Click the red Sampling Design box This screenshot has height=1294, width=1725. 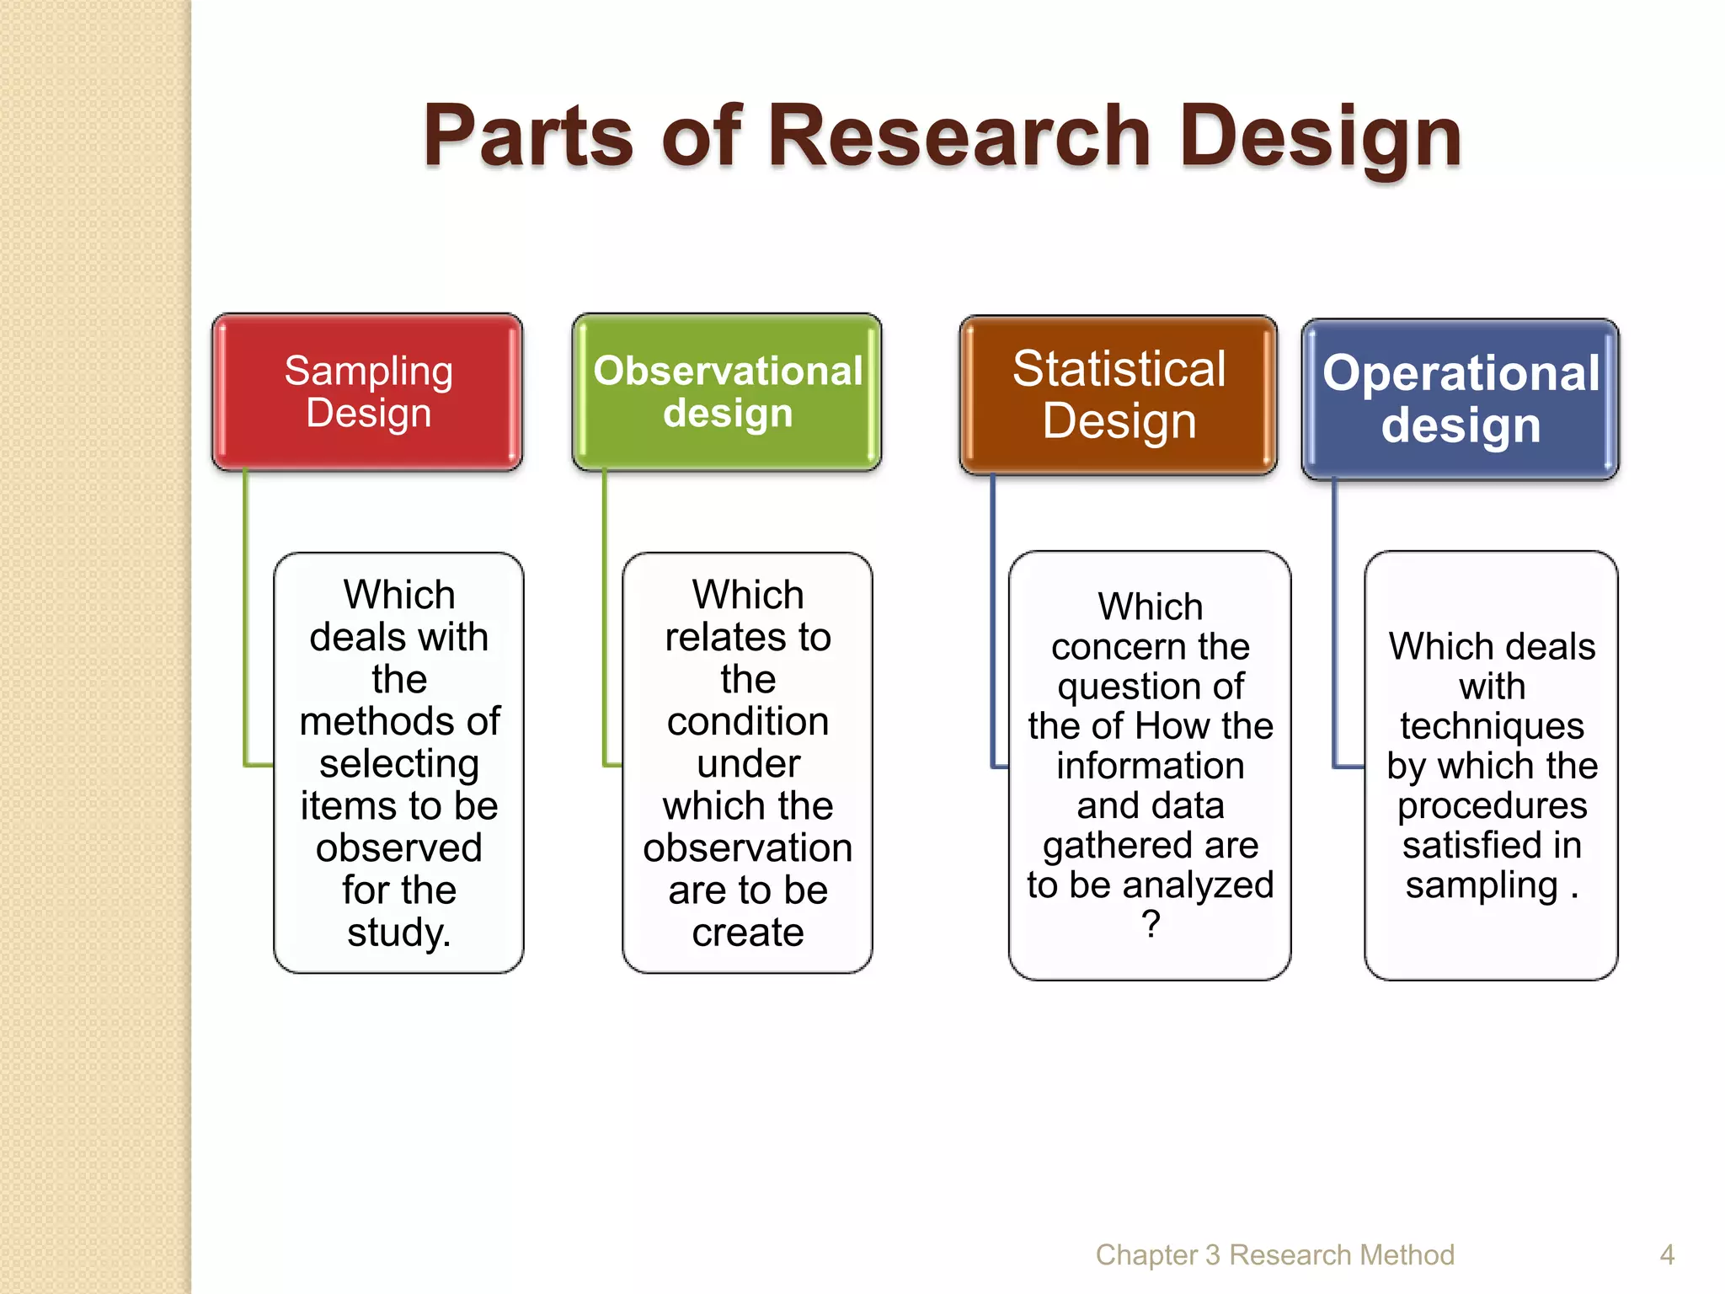[367, 392]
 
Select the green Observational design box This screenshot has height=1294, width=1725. [726, 392]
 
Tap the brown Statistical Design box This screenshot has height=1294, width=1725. [1118, 394]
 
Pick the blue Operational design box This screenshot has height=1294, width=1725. [1460, 398]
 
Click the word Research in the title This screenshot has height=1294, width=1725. [959, 136]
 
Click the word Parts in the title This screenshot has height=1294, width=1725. [527, 136]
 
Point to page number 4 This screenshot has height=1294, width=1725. [1666, 1254]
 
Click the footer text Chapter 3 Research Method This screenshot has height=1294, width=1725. [1274, 1254]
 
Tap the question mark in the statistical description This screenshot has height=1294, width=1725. [1151, 925]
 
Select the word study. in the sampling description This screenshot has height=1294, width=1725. [398, 933]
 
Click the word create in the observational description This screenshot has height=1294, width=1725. [747, 933]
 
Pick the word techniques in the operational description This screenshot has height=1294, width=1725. [1492, 726]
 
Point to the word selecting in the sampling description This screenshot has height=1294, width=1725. [398, 764]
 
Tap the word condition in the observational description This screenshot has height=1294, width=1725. [747, 722]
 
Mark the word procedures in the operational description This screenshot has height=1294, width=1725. [1492, 805]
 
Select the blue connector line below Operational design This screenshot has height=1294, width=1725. [1334, 623]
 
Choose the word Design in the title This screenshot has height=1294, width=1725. [1320, 136]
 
